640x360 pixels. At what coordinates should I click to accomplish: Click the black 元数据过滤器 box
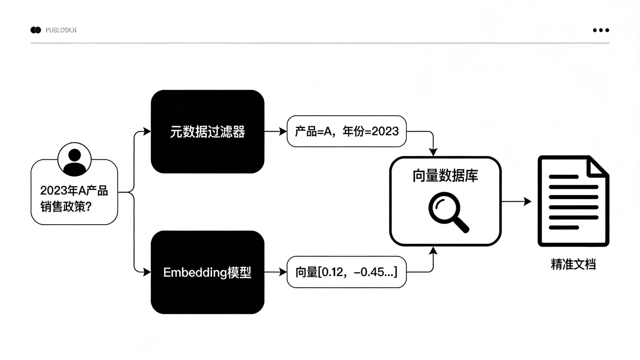pos(208,132)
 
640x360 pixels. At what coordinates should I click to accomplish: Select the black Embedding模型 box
pos(208,272)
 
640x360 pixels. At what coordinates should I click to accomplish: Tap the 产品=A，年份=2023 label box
pos(347,132)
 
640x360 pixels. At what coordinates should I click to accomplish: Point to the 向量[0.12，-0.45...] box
pos(347,272)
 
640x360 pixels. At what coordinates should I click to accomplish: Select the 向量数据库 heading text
pos(445,176)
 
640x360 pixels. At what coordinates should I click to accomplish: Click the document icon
pos(573,201)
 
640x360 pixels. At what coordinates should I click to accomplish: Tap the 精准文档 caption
pos(573,264)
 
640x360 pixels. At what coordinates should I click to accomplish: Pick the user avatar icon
pos(74,162)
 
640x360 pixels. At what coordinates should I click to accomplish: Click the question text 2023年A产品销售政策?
pos(74,199)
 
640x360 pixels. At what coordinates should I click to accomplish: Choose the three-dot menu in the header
pos(601,30)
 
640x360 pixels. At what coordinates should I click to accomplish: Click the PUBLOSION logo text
pos(61,30)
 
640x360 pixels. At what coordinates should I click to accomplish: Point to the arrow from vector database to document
pos(517,201)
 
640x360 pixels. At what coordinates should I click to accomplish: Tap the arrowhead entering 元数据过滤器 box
pos(147,132)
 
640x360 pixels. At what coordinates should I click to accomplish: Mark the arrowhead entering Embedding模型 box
pos(147,272)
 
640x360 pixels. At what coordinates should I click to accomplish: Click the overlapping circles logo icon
pos(36,30)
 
